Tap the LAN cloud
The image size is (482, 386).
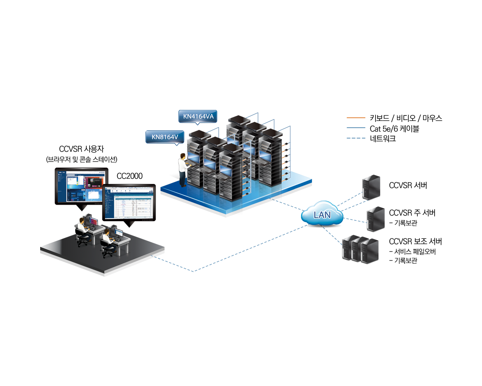click(322, 214)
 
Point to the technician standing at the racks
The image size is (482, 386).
click(183, 169)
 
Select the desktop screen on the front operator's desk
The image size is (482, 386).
click(119, 232)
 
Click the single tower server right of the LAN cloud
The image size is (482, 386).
click(373, 216)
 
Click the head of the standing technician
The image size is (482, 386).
click(183, 156)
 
